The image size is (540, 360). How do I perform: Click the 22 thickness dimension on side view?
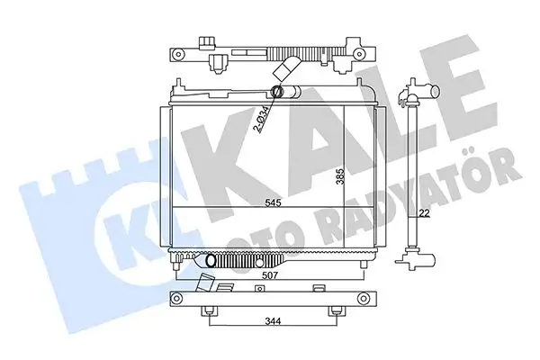point(422,212)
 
